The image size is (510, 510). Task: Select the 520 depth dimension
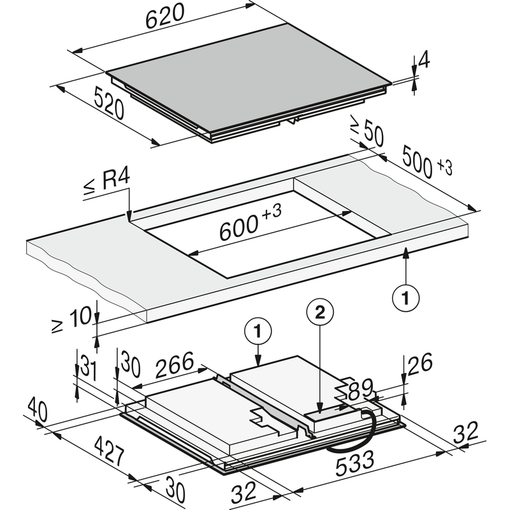click(109, 103)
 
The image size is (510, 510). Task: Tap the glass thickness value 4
click(424, 60)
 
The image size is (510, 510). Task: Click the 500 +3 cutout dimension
click(426, 162)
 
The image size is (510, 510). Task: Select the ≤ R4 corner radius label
click(107, 182)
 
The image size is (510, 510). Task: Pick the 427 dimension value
click(109, 452)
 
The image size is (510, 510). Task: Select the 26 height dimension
click(420, 363)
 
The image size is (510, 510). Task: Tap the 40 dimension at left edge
click(38, 411)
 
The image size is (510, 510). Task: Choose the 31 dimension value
click(89, 368)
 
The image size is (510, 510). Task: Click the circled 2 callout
click(320, 313)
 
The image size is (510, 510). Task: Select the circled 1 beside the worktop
click(405, 298)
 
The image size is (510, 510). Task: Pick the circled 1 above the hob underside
click(258, 331)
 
